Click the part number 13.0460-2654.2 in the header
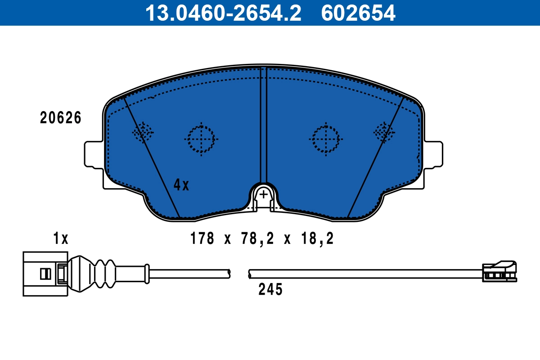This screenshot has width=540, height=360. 223,13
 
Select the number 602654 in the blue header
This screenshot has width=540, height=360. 358,13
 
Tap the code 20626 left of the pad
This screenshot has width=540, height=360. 61,118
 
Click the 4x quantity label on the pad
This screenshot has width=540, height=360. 182,184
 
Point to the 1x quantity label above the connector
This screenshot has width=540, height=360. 61,238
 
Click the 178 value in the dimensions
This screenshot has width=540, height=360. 202,238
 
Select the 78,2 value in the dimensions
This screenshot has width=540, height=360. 257,238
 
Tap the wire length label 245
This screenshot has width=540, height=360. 270,290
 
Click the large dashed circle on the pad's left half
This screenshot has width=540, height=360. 201,139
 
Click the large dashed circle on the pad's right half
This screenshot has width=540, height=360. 325,139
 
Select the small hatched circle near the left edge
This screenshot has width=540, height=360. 143,132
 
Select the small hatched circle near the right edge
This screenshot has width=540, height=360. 384,132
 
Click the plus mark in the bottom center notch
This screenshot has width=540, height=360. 264,194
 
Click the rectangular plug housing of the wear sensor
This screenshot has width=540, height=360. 45,274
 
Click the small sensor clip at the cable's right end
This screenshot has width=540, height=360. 499,271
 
